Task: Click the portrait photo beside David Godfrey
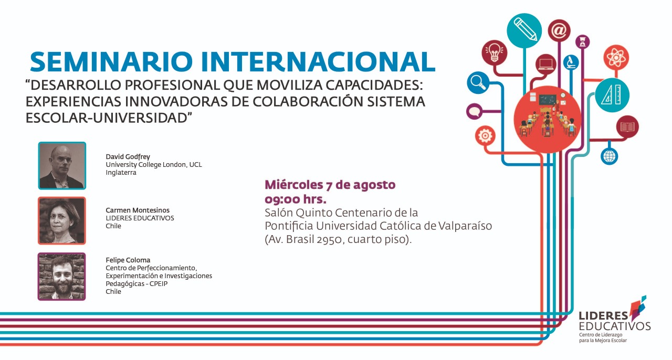tap(62, 166)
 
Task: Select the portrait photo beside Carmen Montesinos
tap(62, 221)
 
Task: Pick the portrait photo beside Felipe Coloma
tap(62, 277)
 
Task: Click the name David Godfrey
tap(128, 156)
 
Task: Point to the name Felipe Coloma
tap(128, 260)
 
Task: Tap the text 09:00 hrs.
tap(295, 199)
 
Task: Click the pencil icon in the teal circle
tap(524, 30)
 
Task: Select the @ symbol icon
tap(559, 30)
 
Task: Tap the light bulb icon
tap(495, 53)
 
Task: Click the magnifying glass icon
tap(478, 82)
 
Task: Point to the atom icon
tap(616, 57)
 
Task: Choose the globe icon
tap(610, 156)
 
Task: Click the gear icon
tap(485, 136)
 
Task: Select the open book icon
tap(627, 126)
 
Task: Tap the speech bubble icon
tap(474, 111)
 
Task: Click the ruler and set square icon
tap(612, 95)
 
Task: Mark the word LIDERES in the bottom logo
tap(603, 316)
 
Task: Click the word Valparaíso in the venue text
tap(465, 226)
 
